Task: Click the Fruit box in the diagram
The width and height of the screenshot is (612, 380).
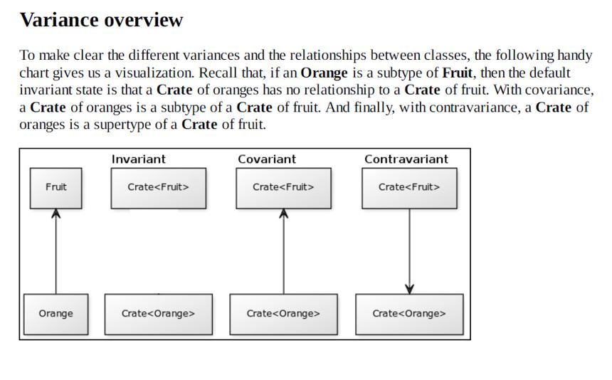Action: coord(56,189)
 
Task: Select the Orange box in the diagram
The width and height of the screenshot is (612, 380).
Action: coord(56,314)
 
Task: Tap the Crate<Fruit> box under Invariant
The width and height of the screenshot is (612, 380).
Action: coord(159,189)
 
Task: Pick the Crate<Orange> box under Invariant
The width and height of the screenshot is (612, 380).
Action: coord(159,314)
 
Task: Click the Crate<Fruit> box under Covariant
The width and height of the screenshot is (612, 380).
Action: coord(284,189)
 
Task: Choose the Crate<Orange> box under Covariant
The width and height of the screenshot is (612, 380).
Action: coord(284,314)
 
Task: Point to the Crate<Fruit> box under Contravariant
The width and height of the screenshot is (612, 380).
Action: coord(409,189)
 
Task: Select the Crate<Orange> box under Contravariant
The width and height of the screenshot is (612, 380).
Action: coord(409,314)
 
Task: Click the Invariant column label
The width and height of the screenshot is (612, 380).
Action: coord(139,159)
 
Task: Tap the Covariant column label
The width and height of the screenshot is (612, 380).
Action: coord(267,159)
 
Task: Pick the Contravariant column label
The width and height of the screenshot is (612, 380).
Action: coord(406,159)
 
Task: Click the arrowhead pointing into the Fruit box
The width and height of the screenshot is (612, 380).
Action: coord(56,213)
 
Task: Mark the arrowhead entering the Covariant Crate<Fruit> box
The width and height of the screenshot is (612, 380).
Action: coord(284,213)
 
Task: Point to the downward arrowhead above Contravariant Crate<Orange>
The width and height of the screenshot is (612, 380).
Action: coord(409,289)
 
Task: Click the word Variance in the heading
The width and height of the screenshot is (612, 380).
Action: coord(59,20)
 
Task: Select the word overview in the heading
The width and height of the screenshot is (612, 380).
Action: coord(144,21)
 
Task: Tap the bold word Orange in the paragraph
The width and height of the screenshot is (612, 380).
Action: coord(324,73)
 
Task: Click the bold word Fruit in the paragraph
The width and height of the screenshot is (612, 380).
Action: coord(457,73)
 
